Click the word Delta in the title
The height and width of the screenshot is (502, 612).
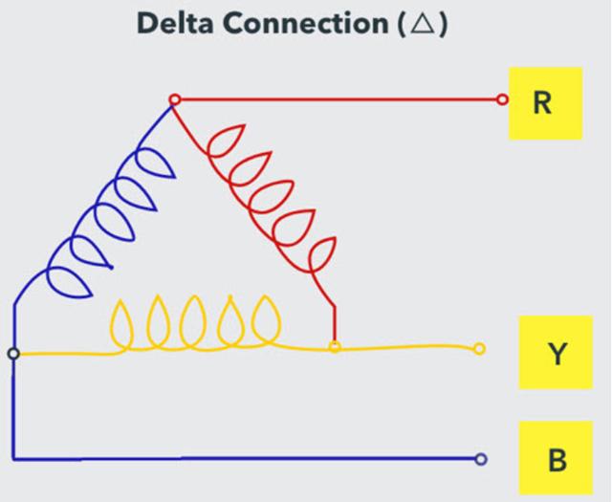pyautogui.click(x=175, y=23)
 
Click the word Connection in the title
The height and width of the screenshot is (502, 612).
pyautogui.click(x=306, y=23)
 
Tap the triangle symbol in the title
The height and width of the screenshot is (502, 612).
pyautogui.click(x=423, y=24)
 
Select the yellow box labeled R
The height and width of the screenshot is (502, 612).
pyautogui.click(x=545, y=103)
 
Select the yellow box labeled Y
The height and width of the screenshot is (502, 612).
pyautogui.click(x=556, y=353)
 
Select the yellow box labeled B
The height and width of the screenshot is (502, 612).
pyautogui.click(x=556, y=458)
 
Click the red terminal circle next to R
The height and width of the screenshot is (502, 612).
pyautogui.click(x=503, y=100)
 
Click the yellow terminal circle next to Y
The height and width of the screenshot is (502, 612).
pyautogui.click(x=479, y=349)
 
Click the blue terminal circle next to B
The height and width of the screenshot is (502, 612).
pyautogui.click(x=481, y=459)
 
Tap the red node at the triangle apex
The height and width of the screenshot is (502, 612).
pyautogui.click(x=174, y=100)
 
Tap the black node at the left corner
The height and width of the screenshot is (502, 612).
pyautogui.click(x=13, y=354)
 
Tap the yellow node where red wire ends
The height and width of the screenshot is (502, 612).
pyautogui.click(x=335, y=347)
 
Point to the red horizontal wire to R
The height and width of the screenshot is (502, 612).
pyautogui.click(x=339, y=100)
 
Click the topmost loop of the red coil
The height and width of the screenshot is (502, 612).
pyautogui.click(x=227, y=141)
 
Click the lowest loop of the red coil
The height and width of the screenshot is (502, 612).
pyautogui.click(x=323, y=254)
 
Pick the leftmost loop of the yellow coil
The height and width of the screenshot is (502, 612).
pyautogui.click(x=122, y=324)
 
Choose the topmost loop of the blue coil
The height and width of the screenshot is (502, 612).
pyautogui.click(x=155, y=164)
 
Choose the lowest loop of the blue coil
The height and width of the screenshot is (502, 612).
pyautogui.click(x=69, y=283)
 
